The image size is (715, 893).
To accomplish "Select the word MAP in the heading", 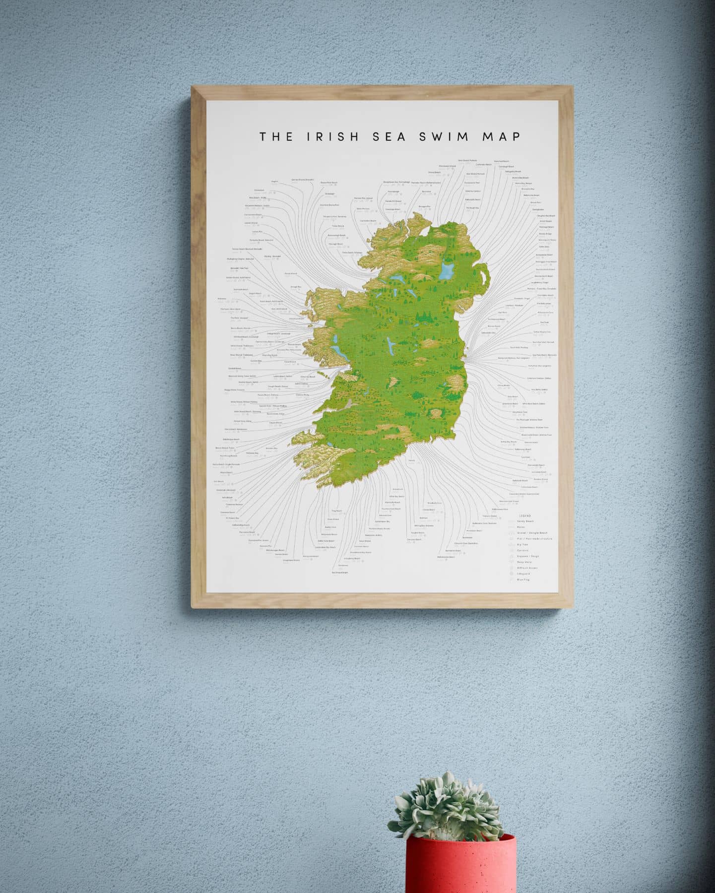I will (x=502, y=136).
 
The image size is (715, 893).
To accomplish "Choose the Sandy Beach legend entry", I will (x=525, y=521).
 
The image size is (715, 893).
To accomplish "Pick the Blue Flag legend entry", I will (x=523, y=579).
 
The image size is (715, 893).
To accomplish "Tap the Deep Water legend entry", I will (x=524, y=562).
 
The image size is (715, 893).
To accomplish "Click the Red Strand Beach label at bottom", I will (x=340, y=572).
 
